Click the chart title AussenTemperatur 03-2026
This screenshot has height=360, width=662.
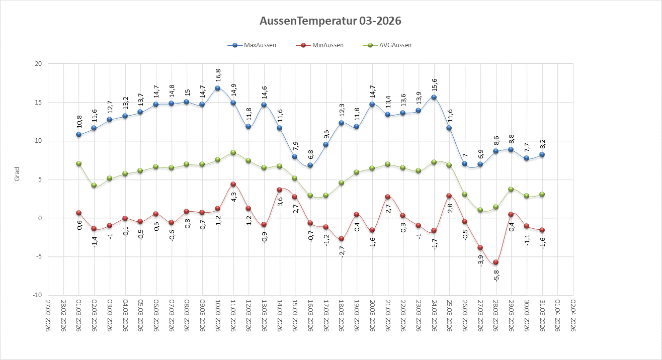330,21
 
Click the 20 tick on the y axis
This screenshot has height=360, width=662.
38,64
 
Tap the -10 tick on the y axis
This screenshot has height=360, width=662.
36,295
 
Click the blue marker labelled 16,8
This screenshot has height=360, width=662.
218,88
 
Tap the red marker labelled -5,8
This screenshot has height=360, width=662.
496,262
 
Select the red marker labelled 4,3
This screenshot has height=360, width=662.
233,185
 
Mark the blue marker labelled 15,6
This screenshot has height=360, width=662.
434,98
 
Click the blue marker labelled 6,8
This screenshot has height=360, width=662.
310,165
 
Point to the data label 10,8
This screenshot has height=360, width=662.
79,121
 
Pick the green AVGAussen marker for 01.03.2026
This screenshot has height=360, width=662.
78,163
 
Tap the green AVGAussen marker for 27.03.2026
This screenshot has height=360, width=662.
480,210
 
